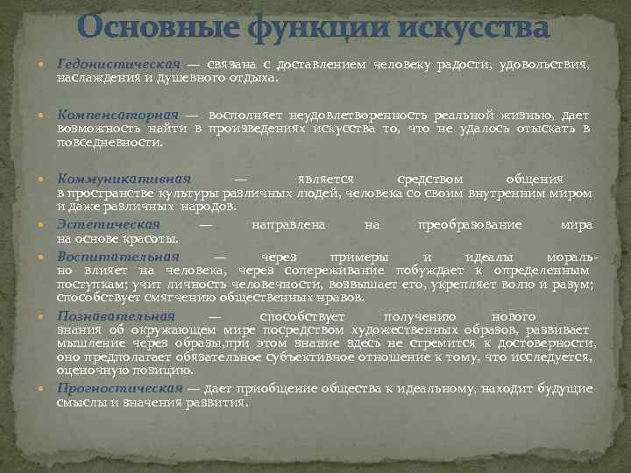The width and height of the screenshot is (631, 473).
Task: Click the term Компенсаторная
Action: click(117, 115)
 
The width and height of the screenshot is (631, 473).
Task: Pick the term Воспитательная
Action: click(118, 257)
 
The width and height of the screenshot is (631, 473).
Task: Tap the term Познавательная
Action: click(117, 315)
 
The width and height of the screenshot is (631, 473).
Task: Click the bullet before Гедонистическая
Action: click(46, 66)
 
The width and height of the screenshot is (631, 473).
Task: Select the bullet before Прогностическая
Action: click(46, 389)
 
